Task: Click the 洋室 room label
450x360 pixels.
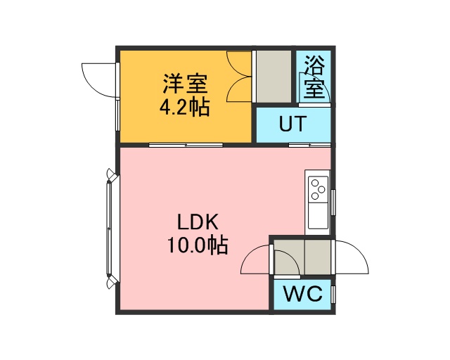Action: (185, 84)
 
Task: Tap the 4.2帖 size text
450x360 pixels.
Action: (184, 107)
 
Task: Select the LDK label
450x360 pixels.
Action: (198, 221)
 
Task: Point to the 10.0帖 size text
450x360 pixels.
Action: (198, 245)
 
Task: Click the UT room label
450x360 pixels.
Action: (292, 124)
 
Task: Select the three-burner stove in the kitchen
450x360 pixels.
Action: (318, 189)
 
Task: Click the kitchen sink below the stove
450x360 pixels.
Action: (318, 216)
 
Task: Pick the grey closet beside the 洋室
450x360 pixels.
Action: (274, 77)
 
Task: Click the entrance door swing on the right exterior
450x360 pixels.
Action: (352, 257)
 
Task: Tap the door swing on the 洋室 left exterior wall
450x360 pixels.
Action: (99, 80)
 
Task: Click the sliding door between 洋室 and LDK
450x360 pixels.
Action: (186, 145)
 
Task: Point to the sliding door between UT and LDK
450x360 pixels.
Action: (309, 145)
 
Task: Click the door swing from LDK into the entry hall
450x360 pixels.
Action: (255, 259)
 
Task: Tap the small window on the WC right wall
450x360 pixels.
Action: (333, 295)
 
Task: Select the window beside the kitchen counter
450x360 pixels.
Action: (333, 202)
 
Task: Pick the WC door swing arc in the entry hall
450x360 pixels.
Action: (288, 262)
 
